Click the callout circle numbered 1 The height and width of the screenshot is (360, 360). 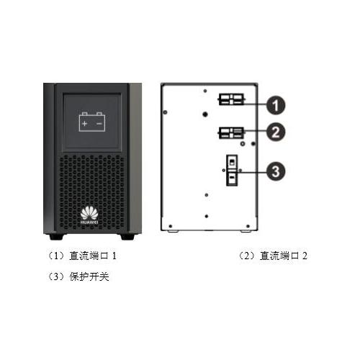click(x=276, y=105)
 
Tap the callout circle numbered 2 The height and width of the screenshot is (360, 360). click(x=276, y=132)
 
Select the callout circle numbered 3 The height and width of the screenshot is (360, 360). click(x=276, y=171)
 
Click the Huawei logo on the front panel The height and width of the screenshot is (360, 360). click(x=89, y=216)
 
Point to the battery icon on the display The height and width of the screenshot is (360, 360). click(x=92, y=122)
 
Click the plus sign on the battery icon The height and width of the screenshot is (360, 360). click(x=84, y=124)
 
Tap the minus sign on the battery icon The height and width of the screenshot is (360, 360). click(x=99, y=124)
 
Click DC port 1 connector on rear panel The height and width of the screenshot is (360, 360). click(x=231, y=99)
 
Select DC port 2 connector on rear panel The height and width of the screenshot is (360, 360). click(x=231, y=132)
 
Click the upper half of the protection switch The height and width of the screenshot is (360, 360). click(x=232, y=162)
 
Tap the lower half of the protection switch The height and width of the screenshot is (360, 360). click(x=232, y=178)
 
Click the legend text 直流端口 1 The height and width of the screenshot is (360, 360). click(x=93, y=256)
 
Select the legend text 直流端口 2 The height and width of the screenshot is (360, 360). click(x=284, y=256)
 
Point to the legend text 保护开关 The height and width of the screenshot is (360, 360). click(x=89, y=276)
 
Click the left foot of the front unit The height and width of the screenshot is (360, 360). click(x=56, y=237)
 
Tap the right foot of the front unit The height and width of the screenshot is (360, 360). click(x=127, y=237)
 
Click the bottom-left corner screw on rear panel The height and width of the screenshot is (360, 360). click(x=171, y=226)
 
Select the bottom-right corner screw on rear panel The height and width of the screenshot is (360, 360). click(x=248, y=226)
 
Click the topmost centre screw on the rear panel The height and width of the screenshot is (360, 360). click(x=205, y=91)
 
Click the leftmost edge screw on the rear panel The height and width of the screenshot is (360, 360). click(x=165, y=112)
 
